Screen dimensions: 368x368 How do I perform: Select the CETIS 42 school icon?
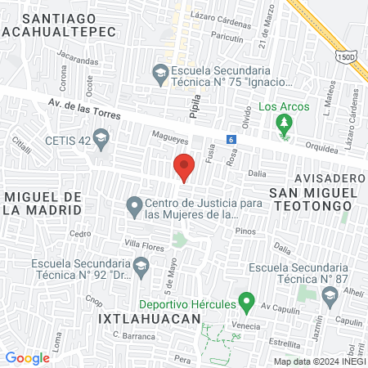[101, 141]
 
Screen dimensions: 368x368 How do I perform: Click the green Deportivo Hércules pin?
[244, 303]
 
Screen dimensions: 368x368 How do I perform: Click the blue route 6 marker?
[231, 138]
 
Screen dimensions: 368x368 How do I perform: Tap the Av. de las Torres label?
[84, 109]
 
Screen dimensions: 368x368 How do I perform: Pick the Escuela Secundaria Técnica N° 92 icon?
[141, 264]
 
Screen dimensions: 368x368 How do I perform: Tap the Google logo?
[28, 357]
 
